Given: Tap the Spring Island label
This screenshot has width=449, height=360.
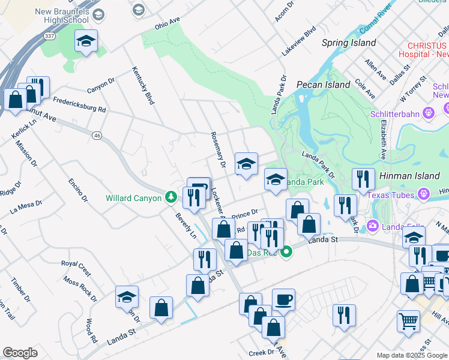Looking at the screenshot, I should click(x=349, y=43).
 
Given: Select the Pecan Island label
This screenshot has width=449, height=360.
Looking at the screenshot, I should click(x=323, y=85).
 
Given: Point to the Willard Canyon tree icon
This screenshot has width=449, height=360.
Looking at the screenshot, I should click(x=171, y=197).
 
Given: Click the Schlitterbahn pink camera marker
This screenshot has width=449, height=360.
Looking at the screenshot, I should click(x=428, y=112).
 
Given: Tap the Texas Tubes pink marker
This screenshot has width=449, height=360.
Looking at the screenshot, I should click(x=424, y=194).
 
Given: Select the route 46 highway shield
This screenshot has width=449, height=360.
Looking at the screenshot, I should click(x=97, y=136).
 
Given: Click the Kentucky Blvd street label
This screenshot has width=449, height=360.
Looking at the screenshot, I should click(x=143, y=85).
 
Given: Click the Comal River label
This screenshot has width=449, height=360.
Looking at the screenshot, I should click(x=375, y=20).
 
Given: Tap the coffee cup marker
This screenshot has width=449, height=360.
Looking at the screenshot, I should click(x=283, y=299).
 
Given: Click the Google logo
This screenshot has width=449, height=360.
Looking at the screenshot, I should click(x=20, y=353).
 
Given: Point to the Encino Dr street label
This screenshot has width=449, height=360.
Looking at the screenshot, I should click(x=78, y=190).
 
